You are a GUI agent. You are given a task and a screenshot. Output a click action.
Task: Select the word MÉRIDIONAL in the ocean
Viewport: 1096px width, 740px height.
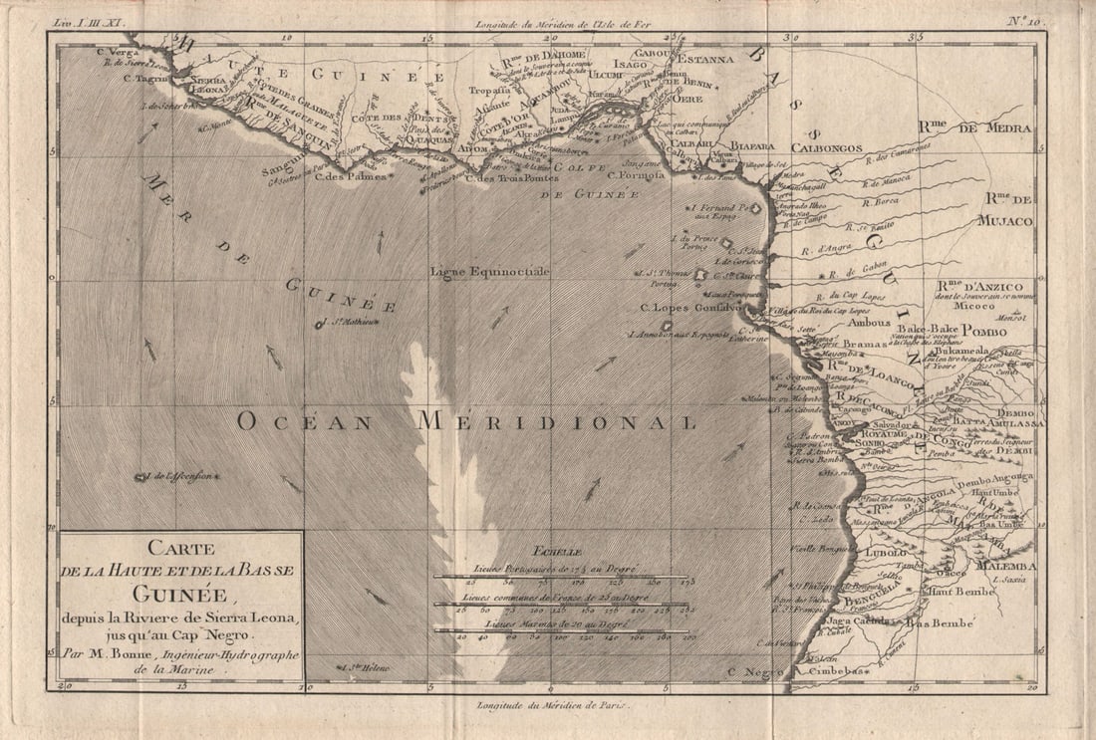pos(556,421)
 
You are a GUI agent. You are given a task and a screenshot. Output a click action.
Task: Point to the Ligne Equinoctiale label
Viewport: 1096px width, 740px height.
pos(489,271)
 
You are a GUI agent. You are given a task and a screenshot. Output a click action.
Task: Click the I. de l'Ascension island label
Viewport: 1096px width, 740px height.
pos(178,476)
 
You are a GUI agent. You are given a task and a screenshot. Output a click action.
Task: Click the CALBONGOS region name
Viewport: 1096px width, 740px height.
pos(826,147)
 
